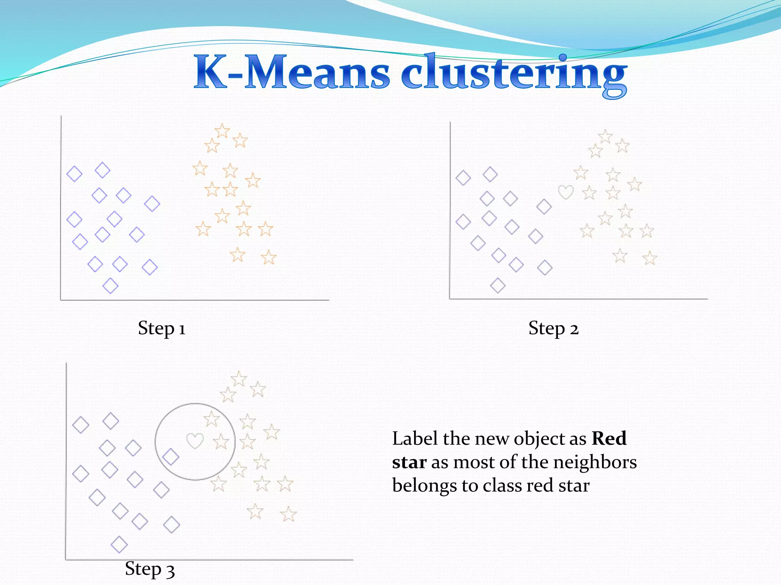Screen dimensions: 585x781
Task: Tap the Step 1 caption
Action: coord(162,328)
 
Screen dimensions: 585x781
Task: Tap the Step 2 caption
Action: coord(553,328)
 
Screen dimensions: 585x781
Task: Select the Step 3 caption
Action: coord(150,569)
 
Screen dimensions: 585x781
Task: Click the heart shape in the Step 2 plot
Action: coord(566,192)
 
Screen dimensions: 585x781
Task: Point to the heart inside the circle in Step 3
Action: coord(195,441)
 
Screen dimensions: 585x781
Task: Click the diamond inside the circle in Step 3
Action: coord(170,457)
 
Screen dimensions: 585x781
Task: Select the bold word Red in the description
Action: coord(609,439)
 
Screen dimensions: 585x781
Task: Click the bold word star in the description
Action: coord(409,463)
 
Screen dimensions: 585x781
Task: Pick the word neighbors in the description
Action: coord(595,463)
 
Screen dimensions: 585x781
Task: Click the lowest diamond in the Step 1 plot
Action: coord(110,286)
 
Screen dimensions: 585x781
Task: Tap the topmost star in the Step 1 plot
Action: coord(222,131)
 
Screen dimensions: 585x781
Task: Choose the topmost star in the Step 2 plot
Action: coord(605,136)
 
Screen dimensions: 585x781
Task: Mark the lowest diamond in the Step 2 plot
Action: coord(498,285)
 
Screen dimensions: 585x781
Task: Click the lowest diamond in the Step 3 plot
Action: coord(119,544)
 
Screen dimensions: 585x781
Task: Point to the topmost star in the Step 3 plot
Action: coord(239,379)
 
